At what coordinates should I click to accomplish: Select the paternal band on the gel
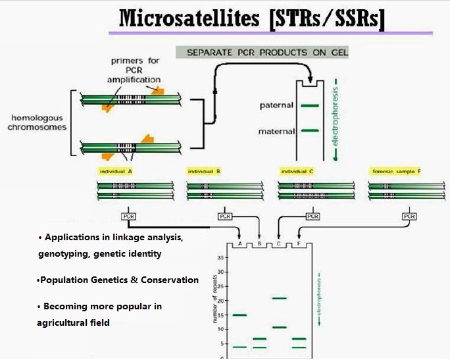click(x=310, y=105)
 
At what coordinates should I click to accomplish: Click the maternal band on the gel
click(x=310, y=131)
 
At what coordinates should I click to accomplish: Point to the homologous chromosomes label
click(x=37, y=122)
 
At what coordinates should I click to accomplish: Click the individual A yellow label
click(x=116, y=171)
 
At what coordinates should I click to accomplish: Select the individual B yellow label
click(x=204, y=171)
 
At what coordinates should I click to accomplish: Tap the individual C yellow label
click(x=297, y=171)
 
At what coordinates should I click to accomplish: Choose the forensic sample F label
click(x=396, y=171)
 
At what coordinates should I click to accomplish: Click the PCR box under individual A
click(x=128, y=216)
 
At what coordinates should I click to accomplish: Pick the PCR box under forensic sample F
click(x=409, y=216)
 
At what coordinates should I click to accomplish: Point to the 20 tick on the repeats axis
click(x=222, y=300)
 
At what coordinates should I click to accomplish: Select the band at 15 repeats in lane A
click(x=239, y=315)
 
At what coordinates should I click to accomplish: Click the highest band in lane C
click(x=280, y=298)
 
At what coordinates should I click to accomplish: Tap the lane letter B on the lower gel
click(x=259, y=243)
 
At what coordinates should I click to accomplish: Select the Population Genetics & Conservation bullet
click(x=118, y=280)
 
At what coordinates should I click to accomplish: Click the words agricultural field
click(x=74, y=322)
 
